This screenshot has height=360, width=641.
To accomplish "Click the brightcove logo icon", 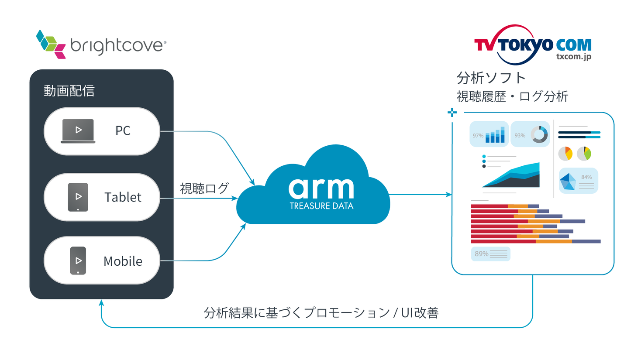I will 51,44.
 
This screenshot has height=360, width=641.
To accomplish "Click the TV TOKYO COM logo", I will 532,45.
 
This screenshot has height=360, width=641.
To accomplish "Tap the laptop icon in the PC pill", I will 78,131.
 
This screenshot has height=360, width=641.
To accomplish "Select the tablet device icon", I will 78,197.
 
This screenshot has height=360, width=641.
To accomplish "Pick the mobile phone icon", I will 78,261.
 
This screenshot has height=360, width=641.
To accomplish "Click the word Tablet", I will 123,197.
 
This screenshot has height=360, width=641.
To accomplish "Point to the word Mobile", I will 123,261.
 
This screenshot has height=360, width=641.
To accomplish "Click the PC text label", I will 123,131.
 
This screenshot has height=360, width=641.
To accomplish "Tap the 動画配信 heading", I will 69,91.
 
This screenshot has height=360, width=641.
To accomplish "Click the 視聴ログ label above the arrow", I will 204,189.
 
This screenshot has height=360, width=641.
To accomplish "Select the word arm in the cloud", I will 321,188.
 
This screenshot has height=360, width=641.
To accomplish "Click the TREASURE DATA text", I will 321,206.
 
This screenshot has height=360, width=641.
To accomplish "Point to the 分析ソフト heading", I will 491,78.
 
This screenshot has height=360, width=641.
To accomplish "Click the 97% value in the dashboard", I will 478,136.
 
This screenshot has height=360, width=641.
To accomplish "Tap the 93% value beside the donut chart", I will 520,136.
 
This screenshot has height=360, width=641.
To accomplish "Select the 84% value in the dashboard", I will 586,177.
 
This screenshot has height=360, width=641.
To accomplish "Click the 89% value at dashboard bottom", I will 481,254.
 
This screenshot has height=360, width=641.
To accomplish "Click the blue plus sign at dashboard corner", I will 452,113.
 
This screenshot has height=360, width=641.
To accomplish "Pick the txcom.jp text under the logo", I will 573,56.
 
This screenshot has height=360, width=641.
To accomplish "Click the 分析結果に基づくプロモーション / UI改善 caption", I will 321,313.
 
